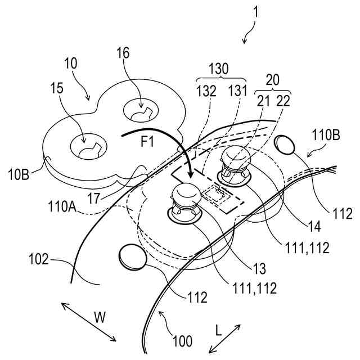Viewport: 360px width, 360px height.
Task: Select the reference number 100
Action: [x=182, y=340]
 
